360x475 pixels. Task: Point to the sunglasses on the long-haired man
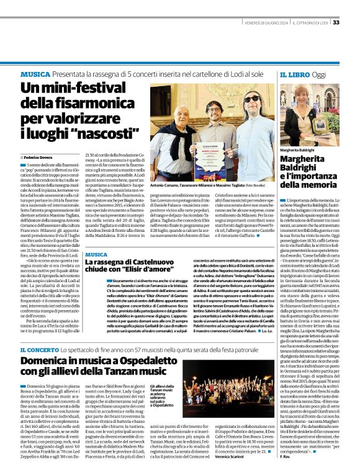(251, 99)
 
